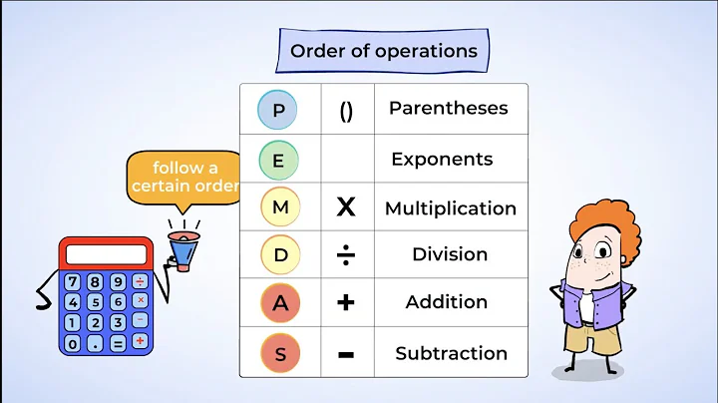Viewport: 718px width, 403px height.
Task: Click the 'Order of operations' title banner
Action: (x=383, y=51)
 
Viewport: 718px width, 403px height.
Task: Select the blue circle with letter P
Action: (x=279, y=110)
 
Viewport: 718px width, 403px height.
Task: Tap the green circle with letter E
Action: (x=279, y=160)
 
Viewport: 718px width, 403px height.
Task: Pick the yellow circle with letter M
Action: (x=279, y=207)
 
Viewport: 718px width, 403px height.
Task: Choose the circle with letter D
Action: (x=280, y=255)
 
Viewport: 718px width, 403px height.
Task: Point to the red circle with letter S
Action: (x=279, y=352)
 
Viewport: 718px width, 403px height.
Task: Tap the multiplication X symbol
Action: (x=346, y=207)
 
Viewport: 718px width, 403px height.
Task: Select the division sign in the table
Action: (x=345, y=255)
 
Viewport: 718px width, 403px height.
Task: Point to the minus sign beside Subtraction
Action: (x=346, y=352)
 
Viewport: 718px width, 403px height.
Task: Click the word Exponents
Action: (x=442, y=160)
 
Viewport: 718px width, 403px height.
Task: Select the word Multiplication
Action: (x=450, y=208)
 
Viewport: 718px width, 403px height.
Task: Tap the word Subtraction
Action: (x=451, y=353)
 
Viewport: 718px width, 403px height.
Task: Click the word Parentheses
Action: (x=448, y=108)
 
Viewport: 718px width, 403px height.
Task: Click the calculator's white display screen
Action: (x=106, y=254)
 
